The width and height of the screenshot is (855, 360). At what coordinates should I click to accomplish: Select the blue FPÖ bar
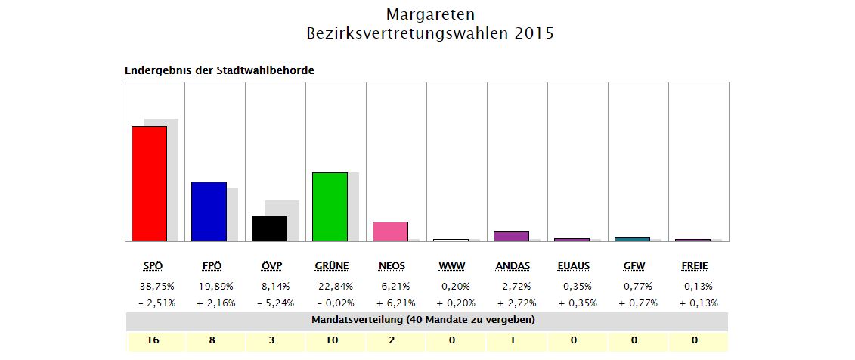(209, 211)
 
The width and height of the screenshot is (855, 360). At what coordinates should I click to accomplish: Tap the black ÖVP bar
(269, 228)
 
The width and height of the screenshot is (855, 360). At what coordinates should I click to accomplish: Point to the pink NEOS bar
(390, 231)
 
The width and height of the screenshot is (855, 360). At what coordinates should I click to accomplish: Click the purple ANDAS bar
(511, 236)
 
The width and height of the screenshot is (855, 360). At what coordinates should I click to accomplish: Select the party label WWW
(452, 266)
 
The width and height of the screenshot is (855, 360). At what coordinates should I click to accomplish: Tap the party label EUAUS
(573, 266)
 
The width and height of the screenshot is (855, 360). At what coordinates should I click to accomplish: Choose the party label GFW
(634, 266)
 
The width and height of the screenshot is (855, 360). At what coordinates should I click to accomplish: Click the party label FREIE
(694, 266)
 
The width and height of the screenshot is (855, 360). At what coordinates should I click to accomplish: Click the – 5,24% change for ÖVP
(276, 303)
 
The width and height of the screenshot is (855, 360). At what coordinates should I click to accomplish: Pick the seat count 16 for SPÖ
(153, 340)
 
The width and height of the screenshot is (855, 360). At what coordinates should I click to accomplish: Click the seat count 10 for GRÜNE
(331, 340)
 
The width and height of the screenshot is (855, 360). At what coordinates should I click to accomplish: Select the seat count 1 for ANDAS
(513, 340)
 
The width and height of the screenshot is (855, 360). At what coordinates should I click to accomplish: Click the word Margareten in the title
(430, 14)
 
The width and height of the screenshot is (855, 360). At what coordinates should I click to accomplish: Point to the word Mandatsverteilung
(357, 320)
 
